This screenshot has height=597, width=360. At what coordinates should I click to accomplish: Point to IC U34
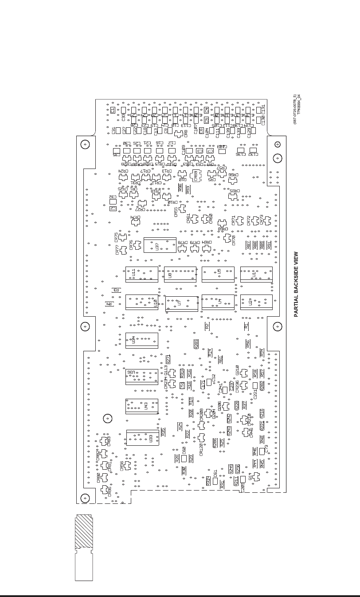[142, 340]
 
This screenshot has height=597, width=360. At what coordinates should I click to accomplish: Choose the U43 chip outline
[142, 406]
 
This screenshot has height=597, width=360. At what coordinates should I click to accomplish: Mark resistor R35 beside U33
[163, 432]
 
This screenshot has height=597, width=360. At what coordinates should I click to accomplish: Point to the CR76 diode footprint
[137, 244]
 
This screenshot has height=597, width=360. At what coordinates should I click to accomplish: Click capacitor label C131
[263, 108]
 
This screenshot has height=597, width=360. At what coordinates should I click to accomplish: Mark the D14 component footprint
[256, 476]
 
